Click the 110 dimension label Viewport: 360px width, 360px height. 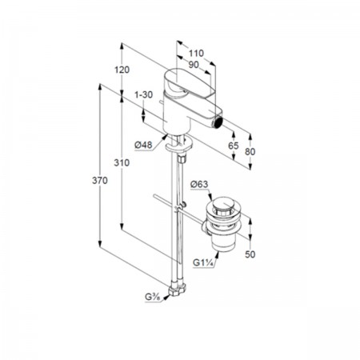196,54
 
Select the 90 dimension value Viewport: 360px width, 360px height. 194,65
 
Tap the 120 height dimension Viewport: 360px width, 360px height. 122,70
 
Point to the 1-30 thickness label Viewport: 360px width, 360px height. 144,94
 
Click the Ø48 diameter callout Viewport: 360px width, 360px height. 143,145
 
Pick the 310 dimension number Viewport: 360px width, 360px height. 122,162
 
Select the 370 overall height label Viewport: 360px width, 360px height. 100,181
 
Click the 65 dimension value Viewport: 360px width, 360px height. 234,146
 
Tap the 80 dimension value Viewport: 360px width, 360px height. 250,152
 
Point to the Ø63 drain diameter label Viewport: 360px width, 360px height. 199,184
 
